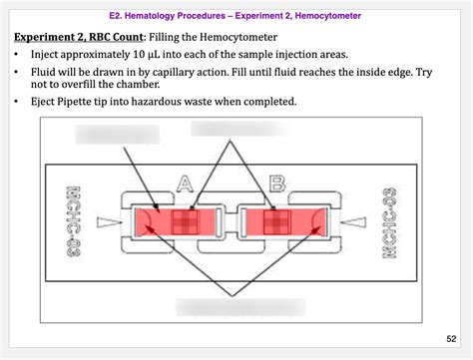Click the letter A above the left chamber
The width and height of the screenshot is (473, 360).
point(185,182)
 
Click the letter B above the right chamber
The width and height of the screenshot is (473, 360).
point(277,182)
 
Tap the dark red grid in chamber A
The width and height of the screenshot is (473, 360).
point(187,220)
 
